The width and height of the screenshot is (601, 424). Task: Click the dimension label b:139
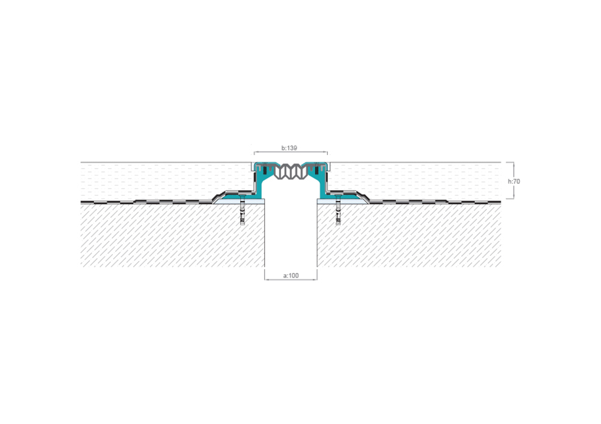(289, 148)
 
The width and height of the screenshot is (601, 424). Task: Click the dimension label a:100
(291, 276)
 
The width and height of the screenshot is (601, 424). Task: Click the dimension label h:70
(514, 181)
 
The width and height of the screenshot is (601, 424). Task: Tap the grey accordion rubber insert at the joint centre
(291, 172)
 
